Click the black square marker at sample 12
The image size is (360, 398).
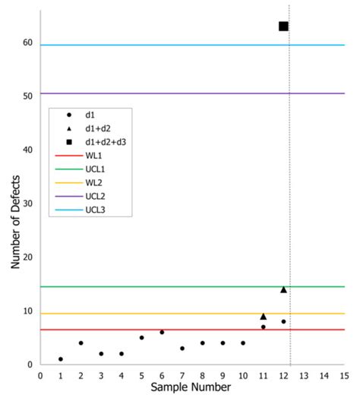(x=283, y=27)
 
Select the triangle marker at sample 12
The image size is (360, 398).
(x=283, y=289)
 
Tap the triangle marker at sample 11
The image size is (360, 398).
(x=263, y=316)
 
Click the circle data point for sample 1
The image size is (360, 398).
(x=61, y=359)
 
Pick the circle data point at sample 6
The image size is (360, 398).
(x=162, y=332)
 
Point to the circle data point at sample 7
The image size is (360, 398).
(x=182, y=348)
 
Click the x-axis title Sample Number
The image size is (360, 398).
(x=191, y=388)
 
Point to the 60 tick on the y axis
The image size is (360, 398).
(x=27, y=43)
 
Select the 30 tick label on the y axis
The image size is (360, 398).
(x=27, y=204)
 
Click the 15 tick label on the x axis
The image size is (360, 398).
(x=344, y=374)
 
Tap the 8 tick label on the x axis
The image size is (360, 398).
(x=202, y=374)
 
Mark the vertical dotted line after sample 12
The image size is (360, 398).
(x=289, y=190)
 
